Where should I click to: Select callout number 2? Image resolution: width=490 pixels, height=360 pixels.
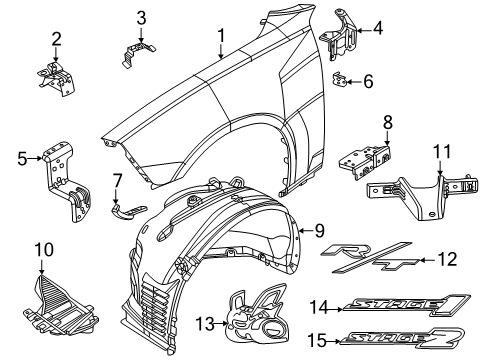tap(57, 39)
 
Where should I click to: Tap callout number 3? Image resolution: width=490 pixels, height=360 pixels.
tap(141, 16)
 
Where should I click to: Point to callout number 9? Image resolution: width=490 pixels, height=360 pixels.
tap(319, 231)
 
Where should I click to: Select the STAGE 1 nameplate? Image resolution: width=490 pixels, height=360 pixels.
tap(394, 304)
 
